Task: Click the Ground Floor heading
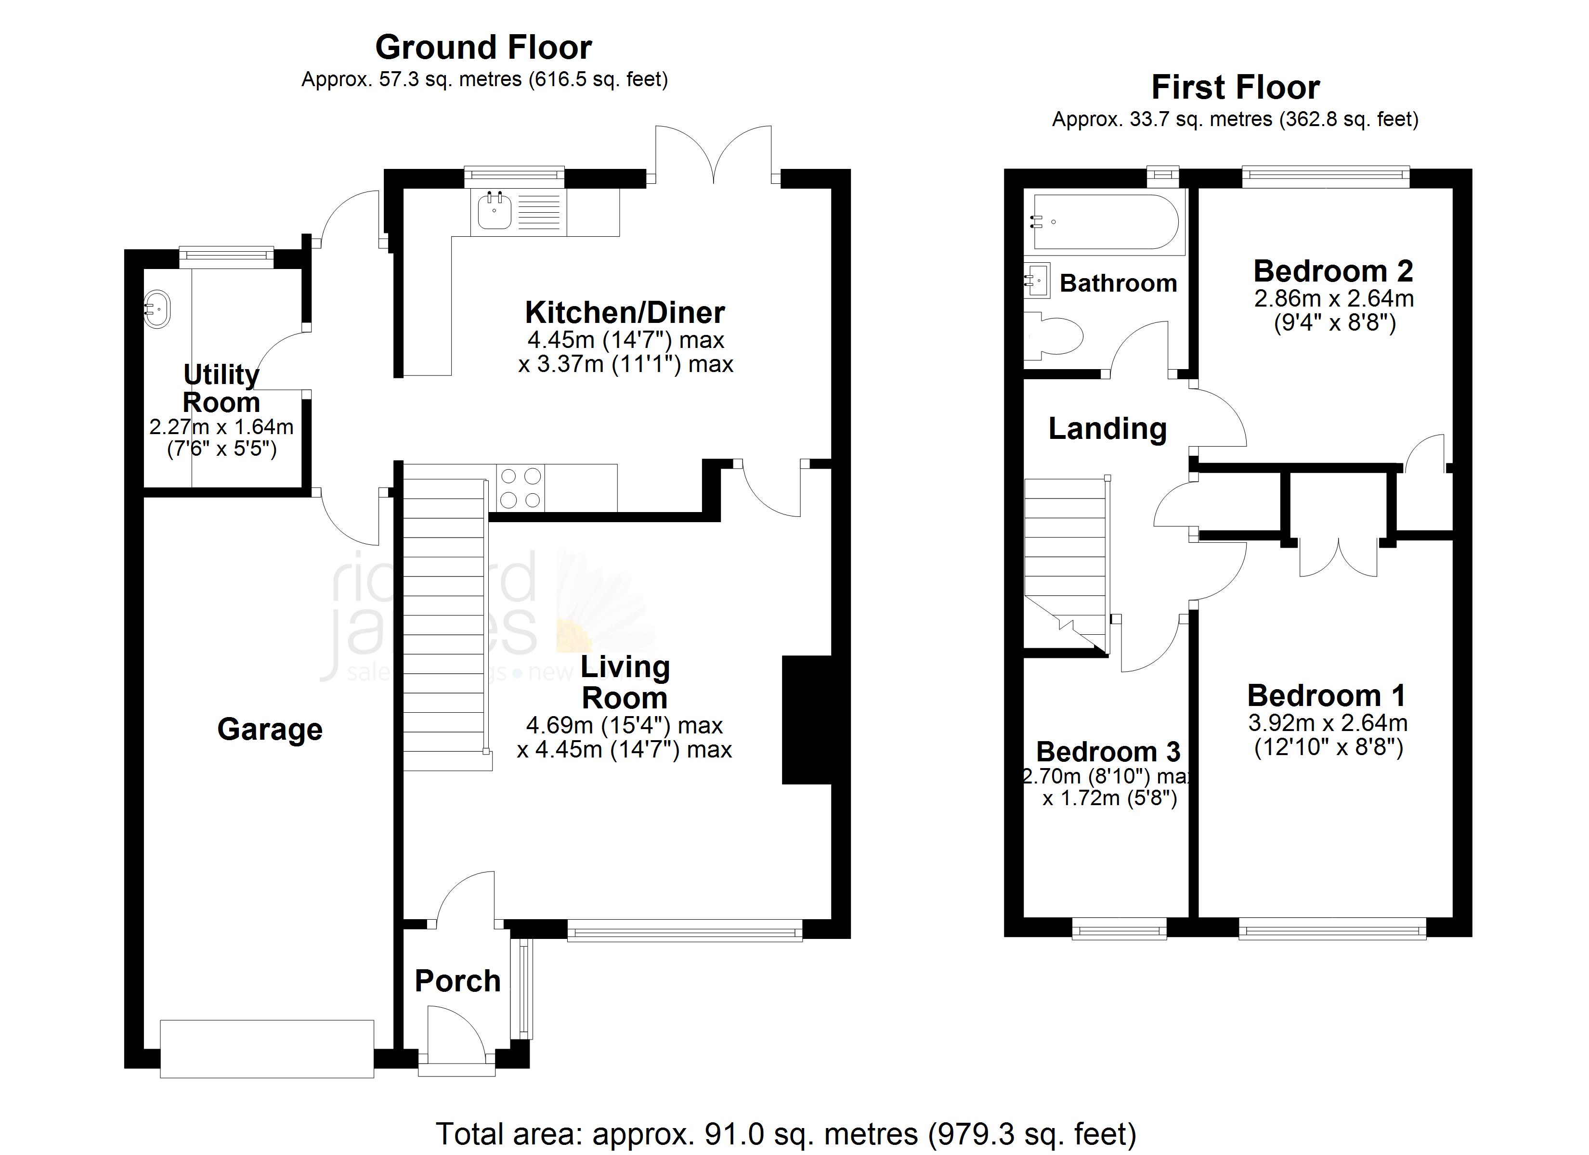click(x=483, y=48)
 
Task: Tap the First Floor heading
click(x=1235, y=88)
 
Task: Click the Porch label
click(x=457, y=981)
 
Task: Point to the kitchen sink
click(x=495, y=211)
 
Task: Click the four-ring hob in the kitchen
click(x=520, y=488)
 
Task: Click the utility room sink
click(x=157, y=309)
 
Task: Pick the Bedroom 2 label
click(x=1332, y=271)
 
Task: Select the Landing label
click(x=1107, y=429)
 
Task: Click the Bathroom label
click(x=1118, y=283)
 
